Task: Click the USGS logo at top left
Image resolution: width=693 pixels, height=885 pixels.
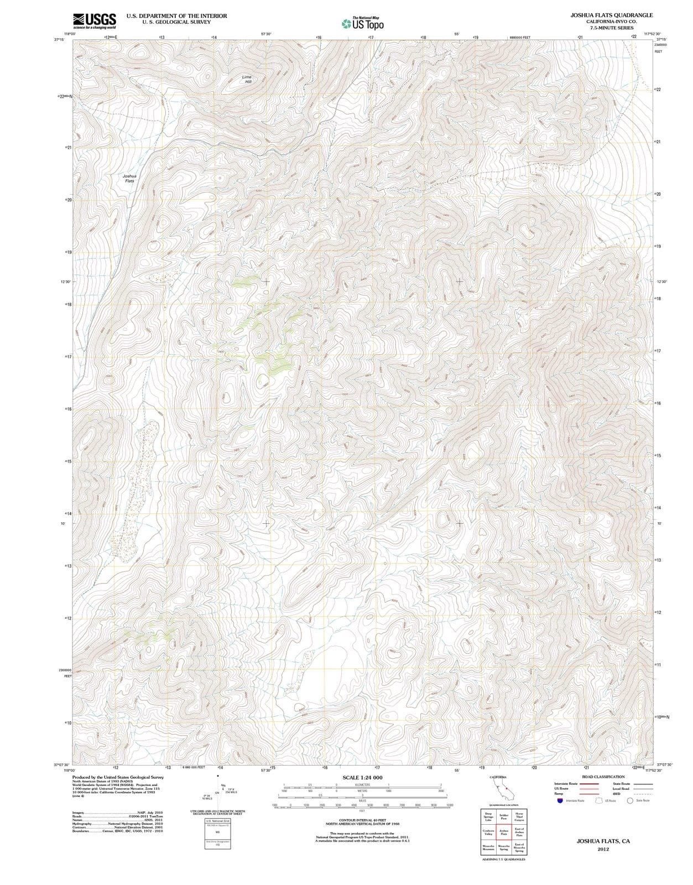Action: (x=94, y=20)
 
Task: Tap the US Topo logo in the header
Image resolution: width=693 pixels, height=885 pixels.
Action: (x=362, y=23)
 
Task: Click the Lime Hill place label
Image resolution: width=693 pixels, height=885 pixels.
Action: (x=247, y=79)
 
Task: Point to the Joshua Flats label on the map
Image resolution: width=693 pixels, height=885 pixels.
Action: (x=129, y=178)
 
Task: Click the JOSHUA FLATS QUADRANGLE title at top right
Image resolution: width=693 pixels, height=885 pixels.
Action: (x=612, y=15)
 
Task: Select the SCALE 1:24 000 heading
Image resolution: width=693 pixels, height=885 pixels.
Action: (x=362, y=778)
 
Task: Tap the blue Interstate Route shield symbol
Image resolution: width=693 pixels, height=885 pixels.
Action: (x=560, y=800)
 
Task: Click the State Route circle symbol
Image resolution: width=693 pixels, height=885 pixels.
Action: (x=631, y=800)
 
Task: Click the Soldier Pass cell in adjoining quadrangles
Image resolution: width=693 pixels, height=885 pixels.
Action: (x=504, y=816)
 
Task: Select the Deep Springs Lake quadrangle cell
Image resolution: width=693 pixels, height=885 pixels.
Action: (x=488, y=816)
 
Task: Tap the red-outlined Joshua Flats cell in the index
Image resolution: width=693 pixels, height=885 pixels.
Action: (x=504, y=832)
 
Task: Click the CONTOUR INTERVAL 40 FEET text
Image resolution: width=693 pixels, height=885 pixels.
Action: (x=362, y=820)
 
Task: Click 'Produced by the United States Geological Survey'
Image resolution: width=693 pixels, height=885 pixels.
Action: (x=118, y=777)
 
